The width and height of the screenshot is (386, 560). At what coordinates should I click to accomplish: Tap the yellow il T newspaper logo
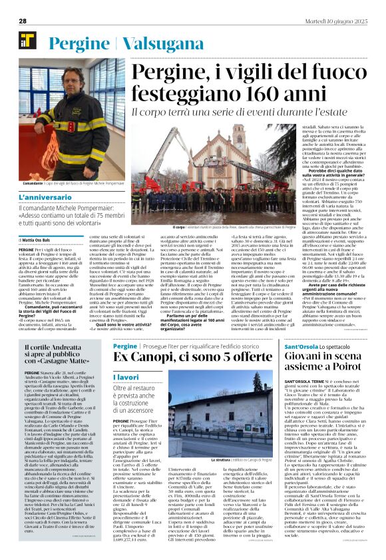27,39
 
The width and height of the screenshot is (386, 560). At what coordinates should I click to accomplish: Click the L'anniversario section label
44,198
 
